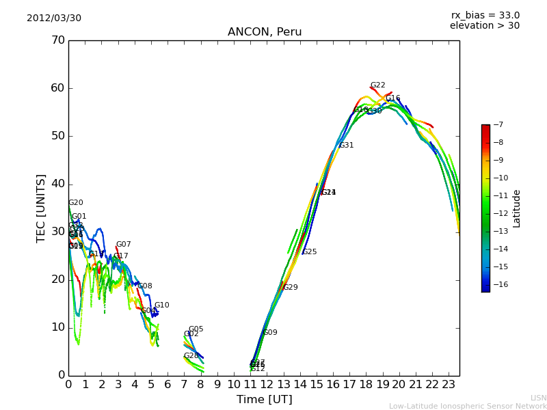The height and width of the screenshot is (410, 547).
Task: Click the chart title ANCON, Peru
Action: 265,32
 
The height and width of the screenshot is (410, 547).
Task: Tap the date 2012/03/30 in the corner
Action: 54,18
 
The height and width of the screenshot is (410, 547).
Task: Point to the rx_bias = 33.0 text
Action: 485,16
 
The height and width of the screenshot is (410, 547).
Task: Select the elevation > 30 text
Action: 484,26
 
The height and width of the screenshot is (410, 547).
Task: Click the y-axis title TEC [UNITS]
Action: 41,208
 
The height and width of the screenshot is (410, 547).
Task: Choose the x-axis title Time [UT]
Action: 264,400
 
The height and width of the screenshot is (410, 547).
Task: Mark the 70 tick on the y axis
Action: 57,40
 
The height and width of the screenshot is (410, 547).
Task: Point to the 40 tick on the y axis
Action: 57,184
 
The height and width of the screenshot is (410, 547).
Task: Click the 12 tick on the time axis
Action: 267,385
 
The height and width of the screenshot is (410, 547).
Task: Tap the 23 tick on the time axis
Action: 449,385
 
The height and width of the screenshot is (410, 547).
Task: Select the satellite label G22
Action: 378,85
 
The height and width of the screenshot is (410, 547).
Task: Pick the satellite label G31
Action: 347,146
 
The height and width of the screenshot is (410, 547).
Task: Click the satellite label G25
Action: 310,252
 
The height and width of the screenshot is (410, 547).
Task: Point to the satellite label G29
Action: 291,288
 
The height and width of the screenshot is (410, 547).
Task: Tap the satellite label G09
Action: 270,333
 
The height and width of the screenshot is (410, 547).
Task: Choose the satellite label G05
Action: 196,329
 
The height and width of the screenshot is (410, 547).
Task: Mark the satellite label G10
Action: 162,305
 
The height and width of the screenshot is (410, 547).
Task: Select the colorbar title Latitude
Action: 517,208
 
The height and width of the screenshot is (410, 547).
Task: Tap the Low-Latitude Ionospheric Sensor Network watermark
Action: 468,406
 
